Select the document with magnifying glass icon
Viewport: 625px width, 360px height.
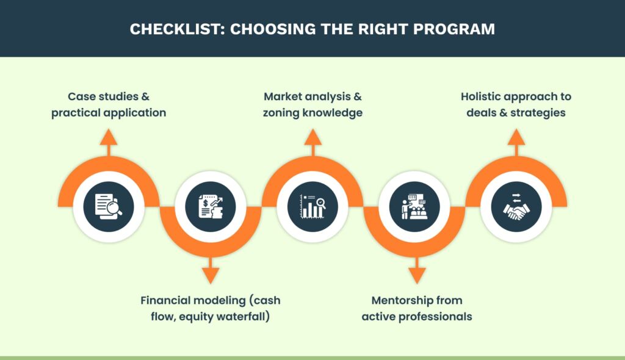[109, 206]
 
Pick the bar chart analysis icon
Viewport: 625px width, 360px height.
[312, 206]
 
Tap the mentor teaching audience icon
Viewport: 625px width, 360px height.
[414, 206]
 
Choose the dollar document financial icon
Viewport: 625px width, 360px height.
[211, 206]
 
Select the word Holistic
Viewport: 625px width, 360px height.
[481, 96]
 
